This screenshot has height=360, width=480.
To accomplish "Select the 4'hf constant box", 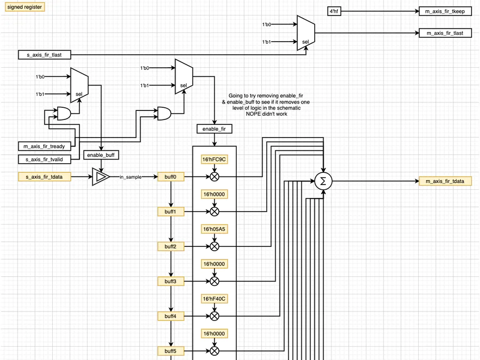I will point(334,11).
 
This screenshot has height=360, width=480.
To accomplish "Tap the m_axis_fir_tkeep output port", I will point(445,11).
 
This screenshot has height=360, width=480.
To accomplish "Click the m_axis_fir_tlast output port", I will point(445,33).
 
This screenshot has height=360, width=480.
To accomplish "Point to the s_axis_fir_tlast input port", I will point(44,54).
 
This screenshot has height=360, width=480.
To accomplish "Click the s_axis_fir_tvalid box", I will point(44,159).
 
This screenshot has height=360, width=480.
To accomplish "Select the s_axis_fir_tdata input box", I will point(44,177).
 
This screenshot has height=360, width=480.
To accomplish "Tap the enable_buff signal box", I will point(101,155).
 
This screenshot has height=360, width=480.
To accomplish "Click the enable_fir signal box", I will point(214,129).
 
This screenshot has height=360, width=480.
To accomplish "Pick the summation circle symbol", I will point(322,181).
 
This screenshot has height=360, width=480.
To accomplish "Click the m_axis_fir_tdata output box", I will point(445,181).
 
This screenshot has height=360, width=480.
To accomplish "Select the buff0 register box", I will point(171,177).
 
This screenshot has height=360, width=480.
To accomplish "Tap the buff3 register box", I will point(171,281).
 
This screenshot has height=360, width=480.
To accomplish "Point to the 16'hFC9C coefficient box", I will point(214,159).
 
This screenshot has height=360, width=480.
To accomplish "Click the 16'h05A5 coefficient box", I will point(214,229).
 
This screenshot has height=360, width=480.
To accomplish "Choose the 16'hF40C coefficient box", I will point(214,299).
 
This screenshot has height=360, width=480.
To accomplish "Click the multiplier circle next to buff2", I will point(214,246).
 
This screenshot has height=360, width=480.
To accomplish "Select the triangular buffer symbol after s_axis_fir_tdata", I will point(100,177).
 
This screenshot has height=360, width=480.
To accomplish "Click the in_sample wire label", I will point(131,177).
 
